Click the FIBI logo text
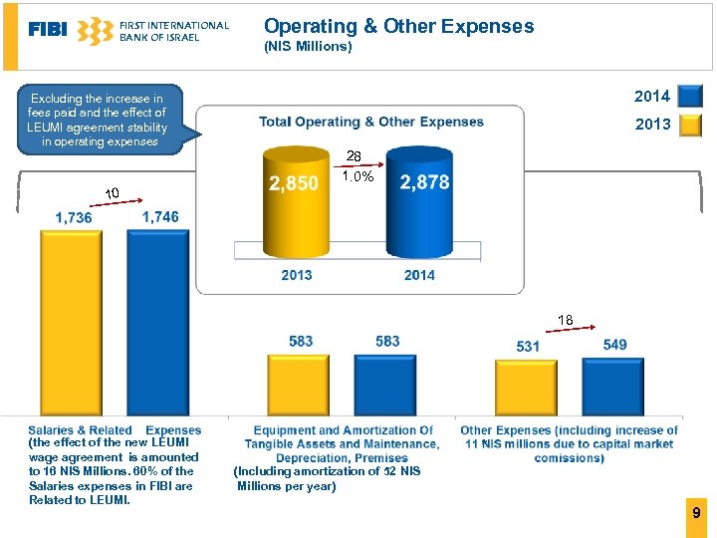48,30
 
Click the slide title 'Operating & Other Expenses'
398,27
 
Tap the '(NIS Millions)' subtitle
308,47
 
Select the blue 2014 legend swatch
689,96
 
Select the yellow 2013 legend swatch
689,125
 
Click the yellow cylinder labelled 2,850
293,204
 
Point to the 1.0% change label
358,176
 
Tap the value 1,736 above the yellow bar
74,217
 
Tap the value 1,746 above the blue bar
160,216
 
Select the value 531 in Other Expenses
528,346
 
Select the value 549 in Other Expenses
614,344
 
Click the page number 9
696,512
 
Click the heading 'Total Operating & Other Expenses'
371,122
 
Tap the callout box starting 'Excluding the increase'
97,120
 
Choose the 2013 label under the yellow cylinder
296,275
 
